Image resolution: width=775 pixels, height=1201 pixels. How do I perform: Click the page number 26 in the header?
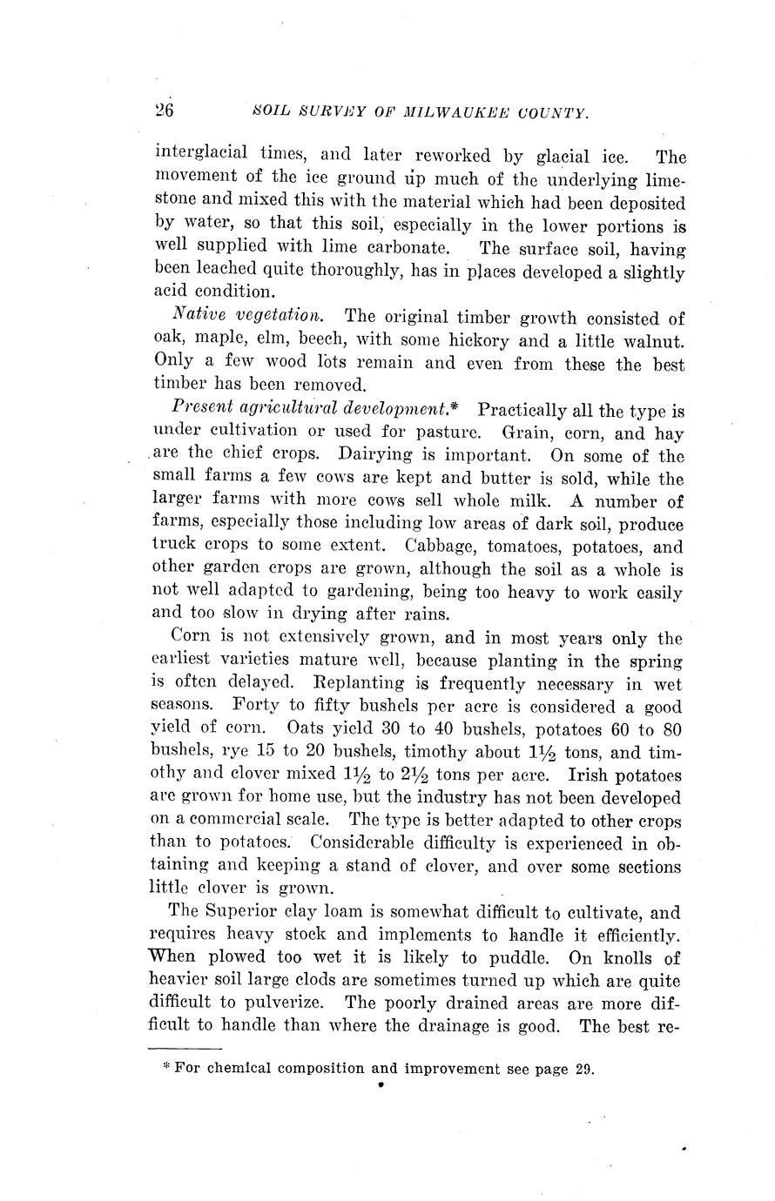(x=165, y=111)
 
